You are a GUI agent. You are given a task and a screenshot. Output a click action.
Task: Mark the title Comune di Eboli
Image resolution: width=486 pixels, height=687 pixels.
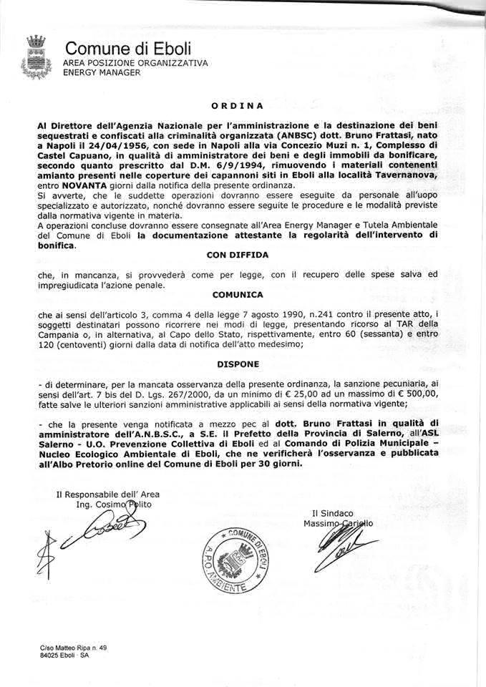(128, 49)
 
